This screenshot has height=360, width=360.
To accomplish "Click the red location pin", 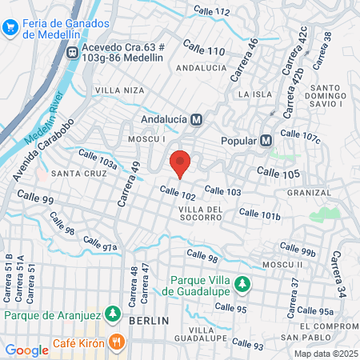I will (181, 163).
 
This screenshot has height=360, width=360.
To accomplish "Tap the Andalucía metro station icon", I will (197, 119).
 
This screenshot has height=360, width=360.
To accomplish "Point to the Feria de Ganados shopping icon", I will (10, 27).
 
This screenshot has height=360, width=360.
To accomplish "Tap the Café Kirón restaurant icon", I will (118, 342).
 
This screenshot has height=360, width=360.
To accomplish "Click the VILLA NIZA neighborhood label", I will (114, 91).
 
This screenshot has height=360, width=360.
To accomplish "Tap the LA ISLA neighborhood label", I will (256, 94).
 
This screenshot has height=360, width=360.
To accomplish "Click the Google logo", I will (27, 350).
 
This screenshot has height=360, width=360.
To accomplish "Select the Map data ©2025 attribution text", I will (325, 353).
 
